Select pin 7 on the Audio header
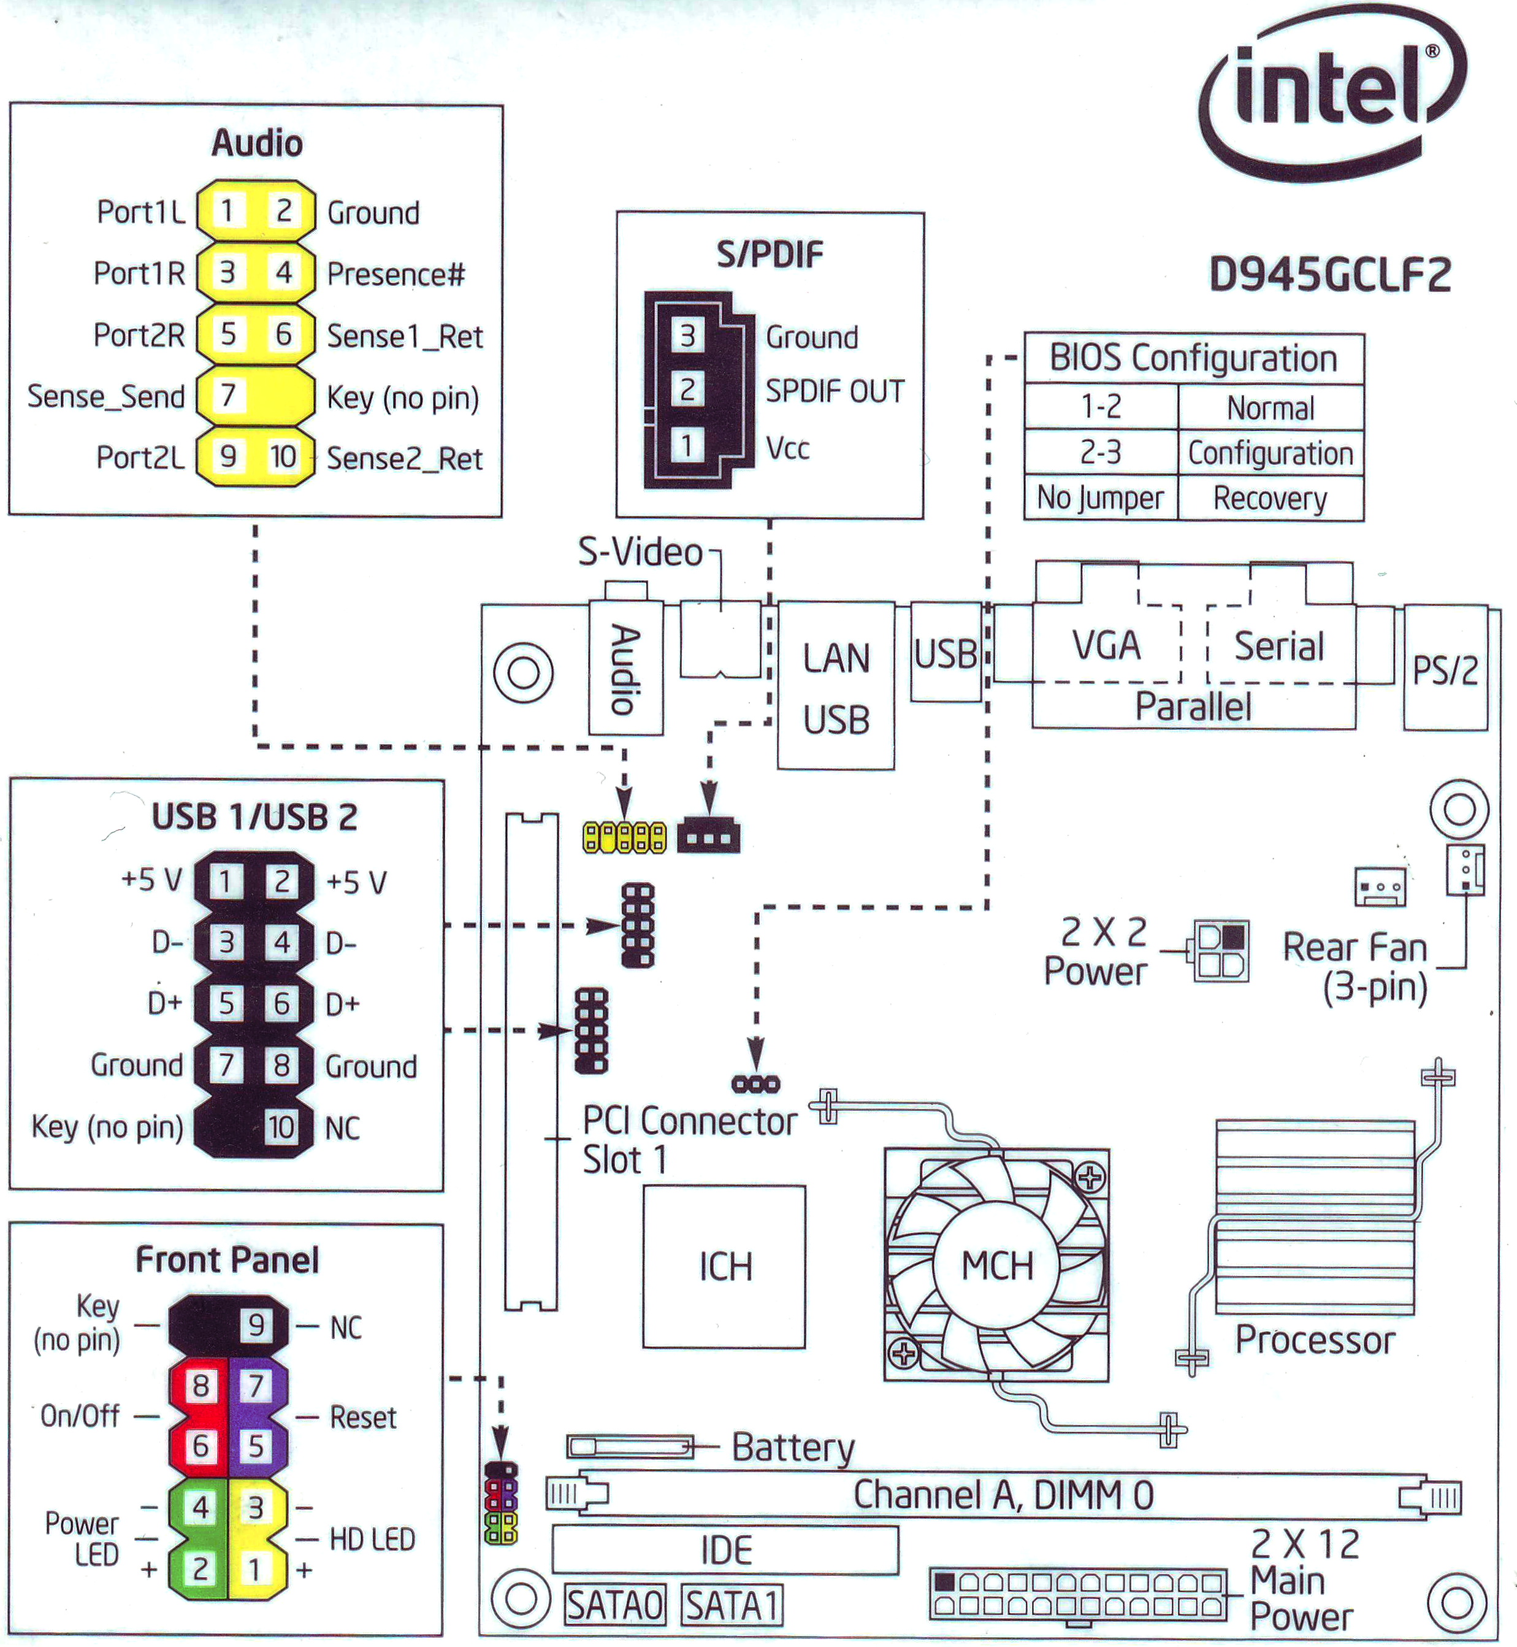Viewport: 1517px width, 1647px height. click(228, 396)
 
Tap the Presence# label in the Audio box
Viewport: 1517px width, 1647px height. click(395, 274)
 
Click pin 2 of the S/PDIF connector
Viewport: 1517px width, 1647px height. click(687, 389)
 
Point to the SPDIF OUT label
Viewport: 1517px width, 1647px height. click(834, 391)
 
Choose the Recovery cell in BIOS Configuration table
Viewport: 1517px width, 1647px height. click(1270, 498)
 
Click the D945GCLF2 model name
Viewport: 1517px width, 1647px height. click(1330, 275)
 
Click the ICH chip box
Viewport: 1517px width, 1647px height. click(724, 1266)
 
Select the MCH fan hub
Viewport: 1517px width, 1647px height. click(996, 1265)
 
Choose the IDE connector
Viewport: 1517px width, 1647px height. click(725, 1550)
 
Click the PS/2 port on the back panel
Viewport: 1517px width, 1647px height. click(1445, 670)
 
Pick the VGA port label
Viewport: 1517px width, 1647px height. click(1106, 645)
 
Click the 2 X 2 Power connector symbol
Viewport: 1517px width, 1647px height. click(1221, 951)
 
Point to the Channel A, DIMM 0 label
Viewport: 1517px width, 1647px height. click(1003, 1494)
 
